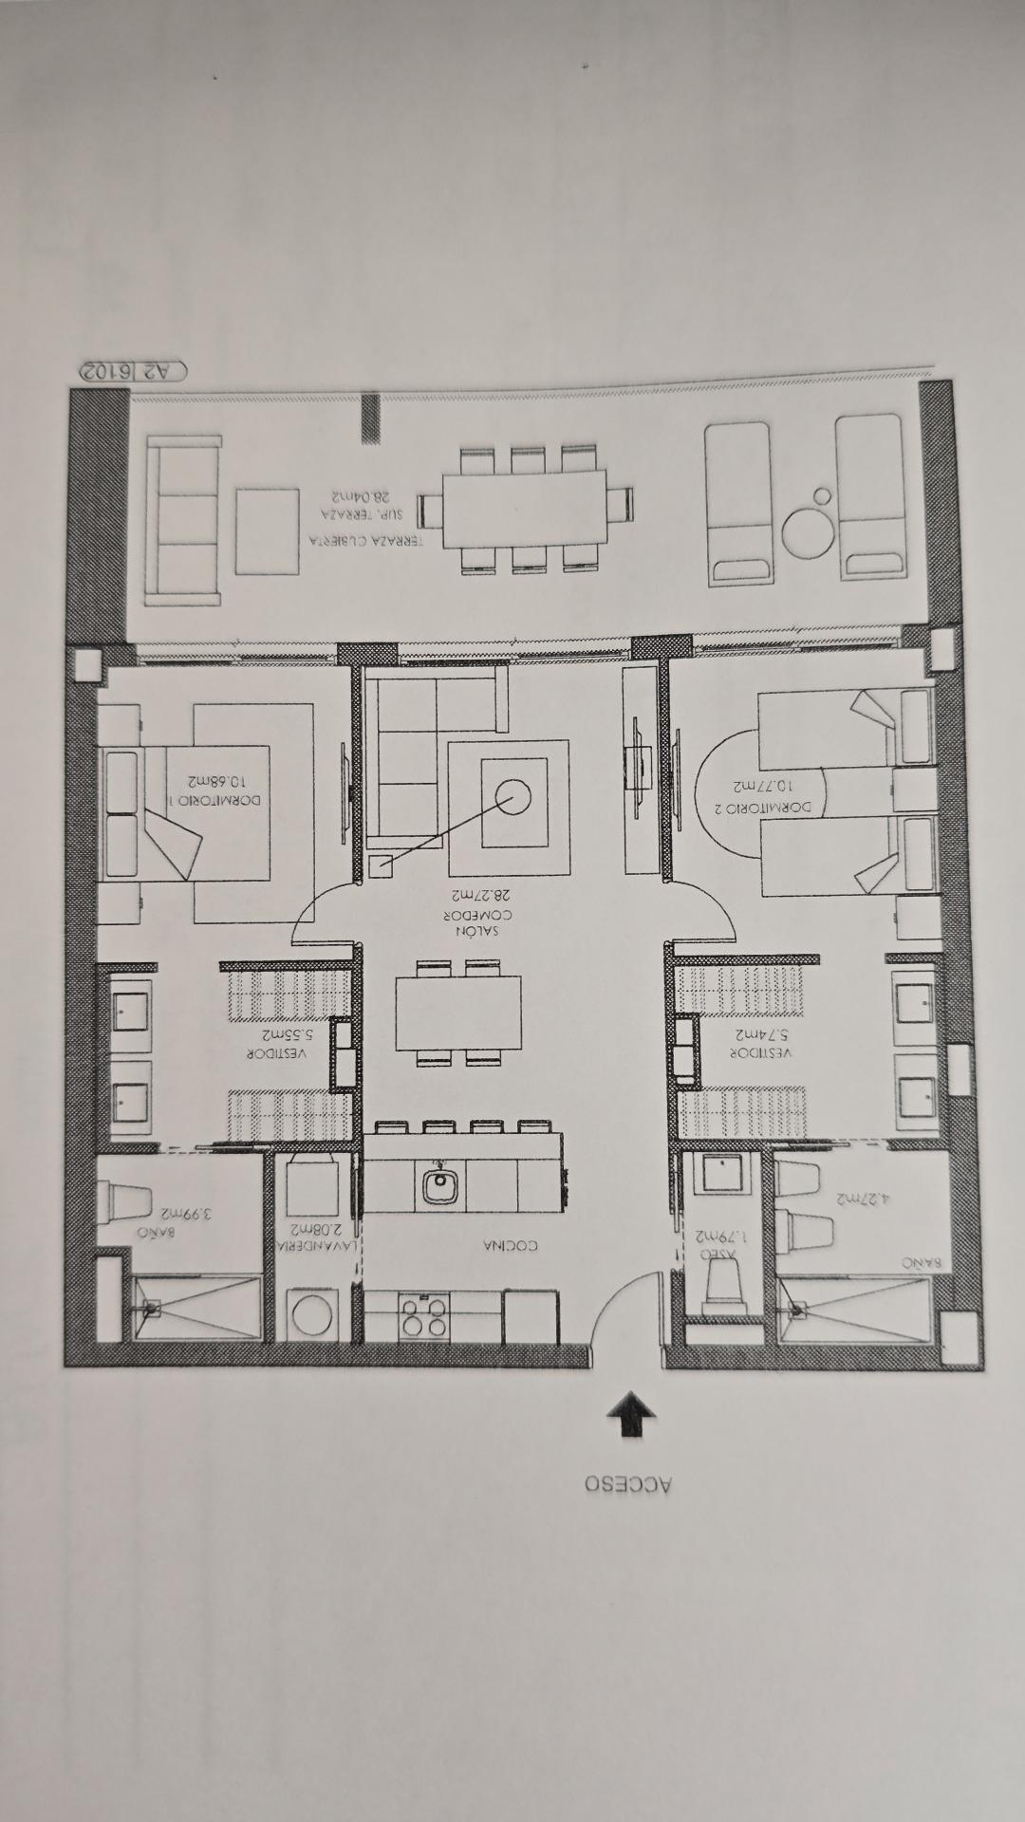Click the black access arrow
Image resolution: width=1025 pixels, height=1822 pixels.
click(x=631, y=1414)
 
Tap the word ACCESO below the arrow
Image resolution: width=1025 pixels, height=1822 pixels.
click(x=628, y=1484)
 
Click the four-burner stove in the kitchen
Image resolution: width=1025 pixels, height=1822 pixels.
click(x=424, y=1315)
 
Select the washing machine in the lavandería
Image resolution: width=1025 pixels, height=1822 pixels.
click(x=310, y=1315)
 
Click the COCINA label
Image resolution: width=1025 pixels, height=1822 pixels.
click(x=510, y=1245)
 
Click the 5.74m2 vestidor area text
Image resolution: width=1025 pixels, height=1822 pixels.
click(x=762, y=1033)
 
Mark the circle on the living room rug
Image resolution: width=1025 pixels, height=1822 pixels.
click(x=512, y=797)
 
